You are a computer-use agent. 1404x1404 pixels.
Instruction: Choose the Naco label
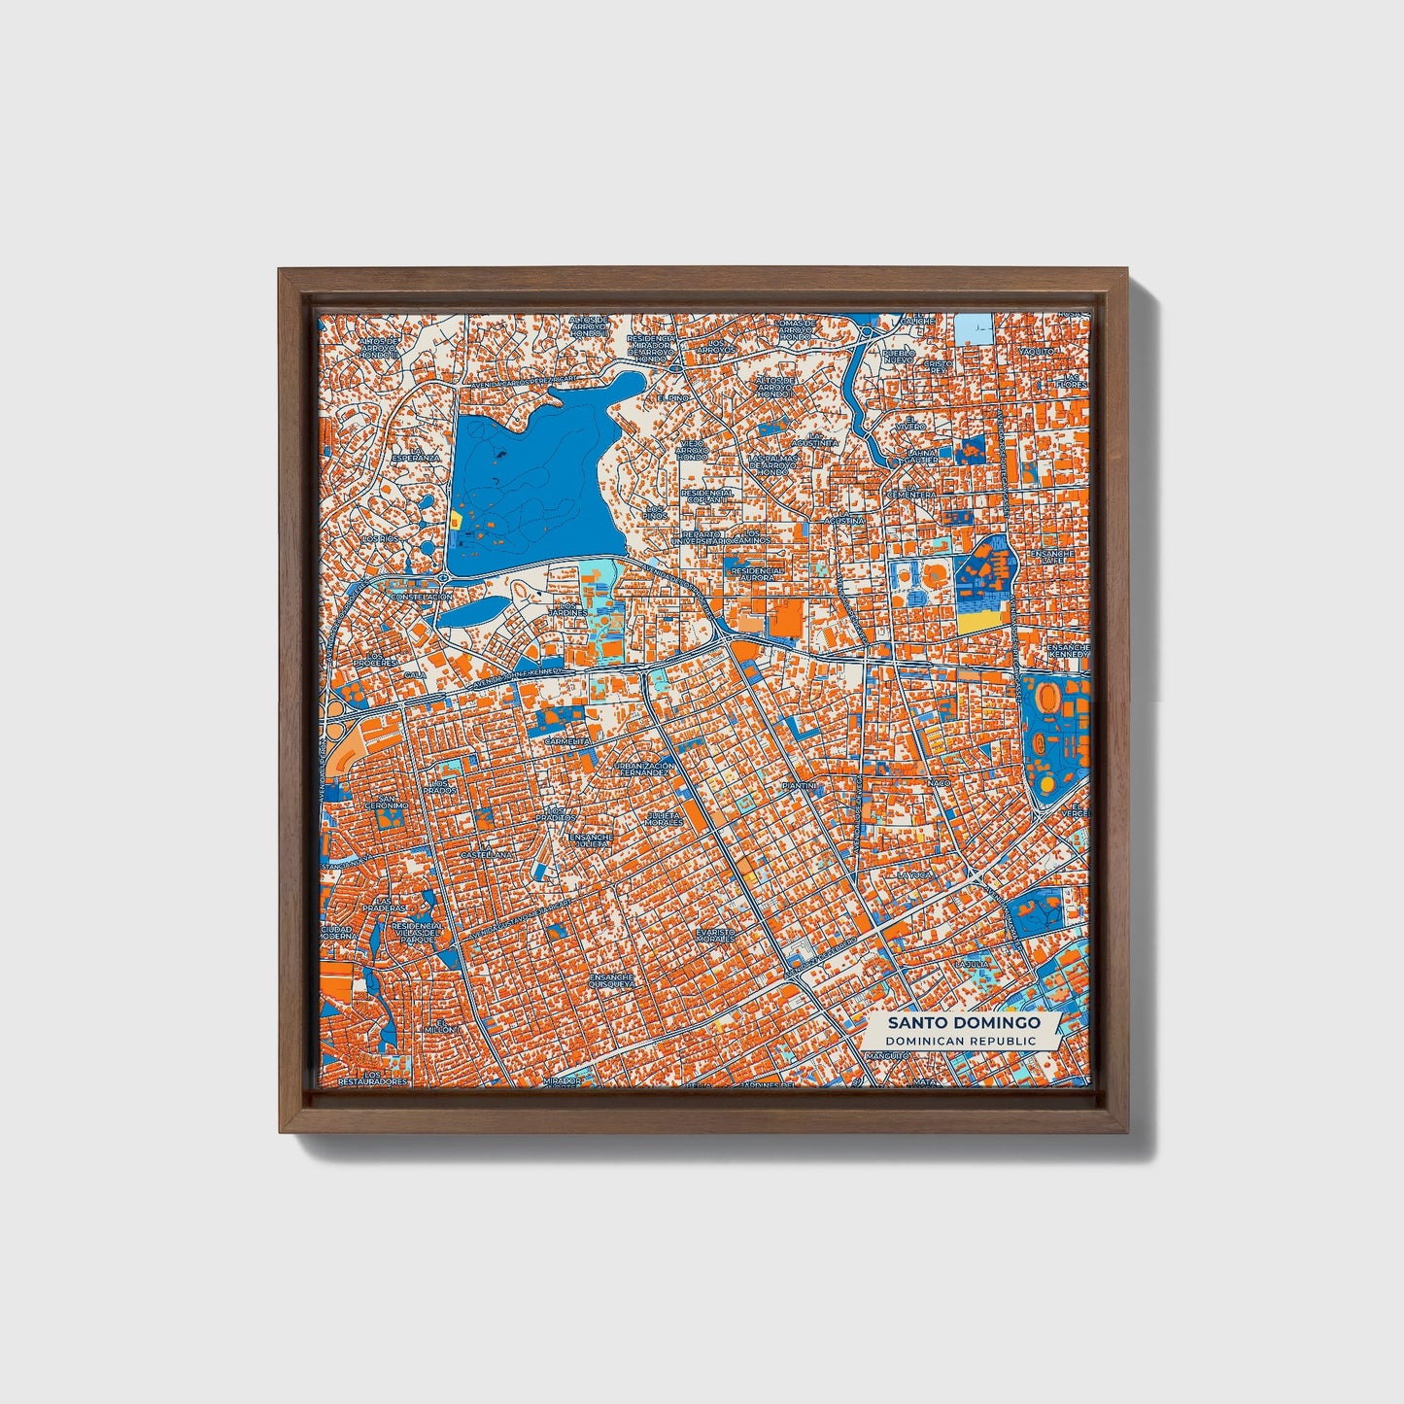click(x=939, y=782)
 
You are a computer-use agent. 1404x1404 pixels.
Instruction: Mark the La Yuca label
click(x=915, y=874)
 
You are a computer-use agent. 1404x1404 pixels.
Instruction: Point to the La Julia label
click(x=973, y=964)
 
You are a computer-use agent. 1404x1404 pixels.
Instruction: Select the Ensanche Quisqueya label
click(x=611, y=980)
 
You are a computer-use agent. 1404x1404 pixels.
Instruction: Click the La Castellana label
click(x=487, y=854)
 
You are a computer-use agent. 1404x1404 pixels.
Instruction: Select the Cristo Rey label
click(x=939, y=366)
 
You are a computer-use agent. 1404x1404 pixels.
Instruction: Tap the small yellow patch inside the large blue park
click(x=454, y=520)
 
